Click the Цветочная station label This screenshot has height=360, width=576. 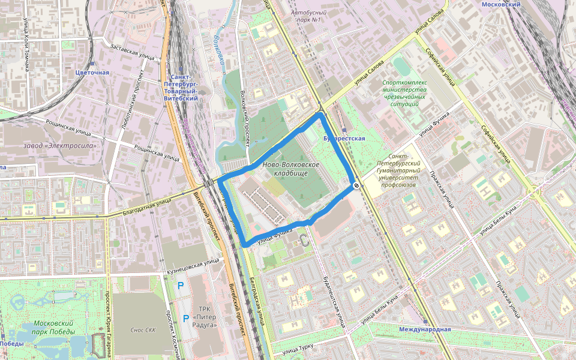(92, 73)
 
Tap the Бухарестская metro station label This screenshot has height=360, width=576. (344, 139)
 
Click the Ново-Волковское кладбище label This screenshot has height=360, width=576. (291, 169)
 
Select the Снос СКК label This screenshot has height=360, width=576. (143, 330)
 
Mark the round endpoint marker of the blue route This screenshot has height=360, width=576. (356, 186)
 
